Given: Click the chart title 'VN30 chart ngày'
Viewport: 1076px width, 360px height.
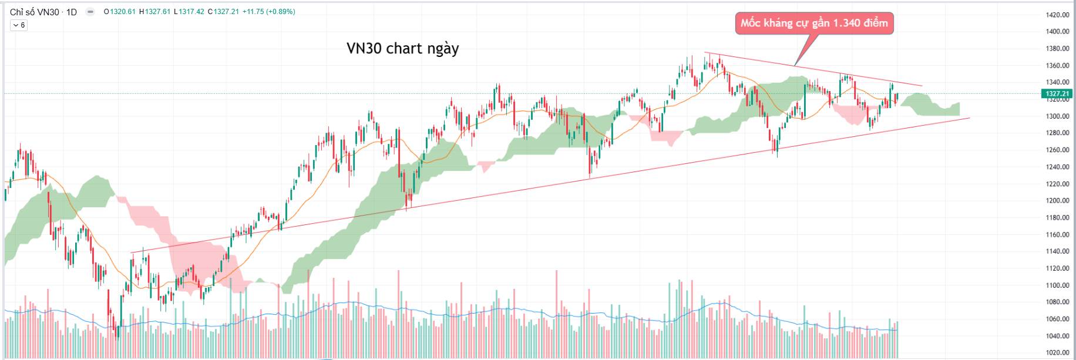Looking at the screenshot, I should [x=402, y=48].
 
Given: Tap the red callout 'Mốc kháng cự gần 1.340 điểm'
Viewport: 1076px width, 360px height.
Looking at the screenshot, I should [x=814, y=23].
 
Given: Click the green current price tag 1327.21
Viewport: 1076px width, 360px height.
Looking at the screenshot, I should [x=1057, y=93].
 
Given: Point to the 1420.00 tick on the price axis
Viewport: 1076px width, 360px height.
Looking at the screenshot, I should [x=1057, y=15].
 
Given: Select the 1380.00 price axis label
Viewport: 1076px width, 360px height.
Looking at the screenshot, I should [x=1057, y=49].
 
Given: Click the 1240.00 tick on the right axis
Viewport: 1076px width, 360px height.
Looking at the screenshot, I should [x=1057, y=167].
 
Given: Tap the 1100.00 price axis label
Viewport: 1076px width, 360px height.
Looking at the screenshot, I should [x=1057, y=285].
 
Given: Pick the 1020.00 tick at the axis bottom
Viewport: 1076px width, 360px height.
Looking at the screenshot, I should [x=1057, y=353].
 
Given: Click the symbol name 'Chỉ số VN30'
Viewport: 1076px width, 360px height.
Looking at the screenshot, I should [x=35, y=12].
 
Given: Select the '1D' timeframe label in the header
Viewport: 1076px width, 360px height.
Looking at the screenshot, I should [x=72, y=12].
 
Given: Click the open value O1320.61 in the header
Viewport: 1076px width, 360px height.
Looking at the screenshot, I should [x=120, y=12].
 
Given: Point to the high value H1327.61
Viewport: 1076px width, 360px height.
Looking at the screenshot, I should [x=154, y=12].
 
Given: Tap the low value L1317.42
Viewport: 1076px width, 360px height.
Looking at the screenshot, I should [x=189, y=12].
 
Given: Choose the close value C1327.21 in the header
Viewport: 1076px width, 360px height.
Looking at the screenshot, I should [x=223, y=12].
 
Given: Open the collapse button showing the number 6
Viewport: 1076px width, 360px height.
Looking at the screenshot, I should [x=19, y=25].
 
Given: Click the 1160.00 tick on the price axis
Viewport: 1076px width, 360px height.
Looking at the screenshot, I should [x=1057, y=234].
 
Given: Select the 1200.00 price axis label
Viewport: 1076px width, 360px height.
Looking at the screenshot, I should [x=1057, y=201].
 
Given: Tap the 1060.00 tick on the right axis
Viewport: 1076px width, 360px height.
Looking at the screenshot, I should [x=1057, y=319].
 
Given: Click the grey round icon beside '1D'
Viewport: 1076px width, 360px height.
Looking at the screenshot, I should [x=90, y=12].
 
